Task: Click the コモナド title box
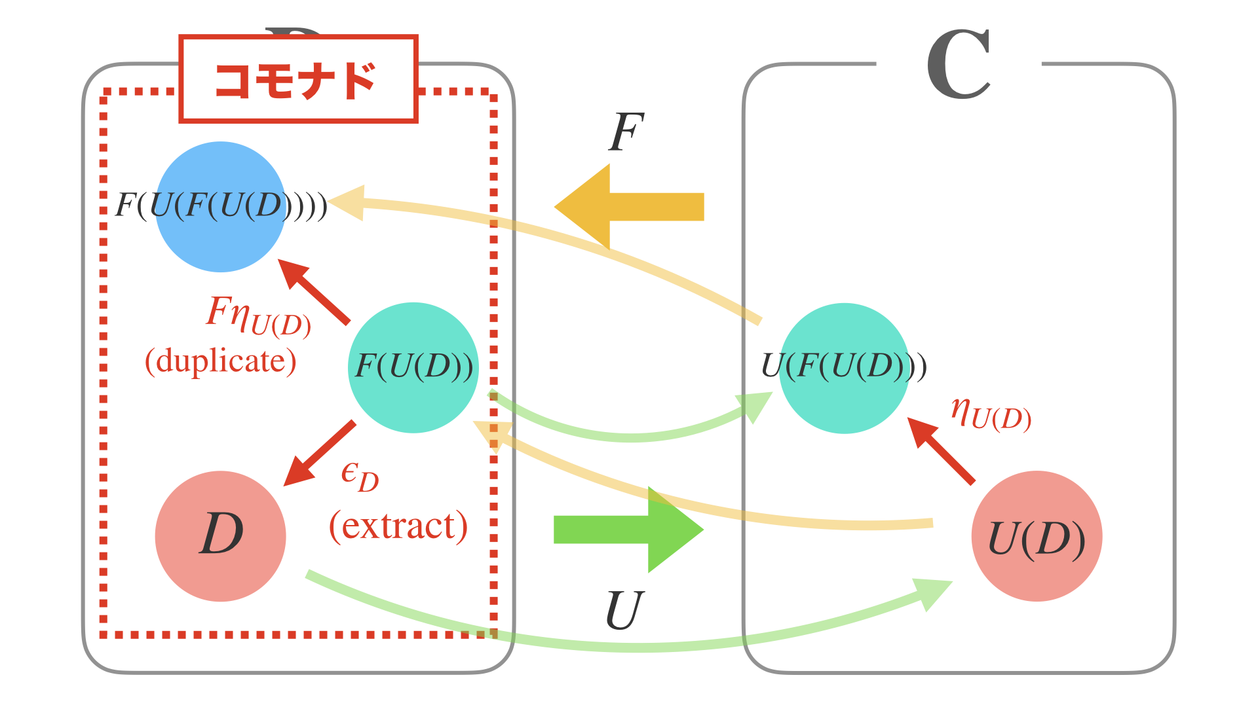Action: pos(298,79)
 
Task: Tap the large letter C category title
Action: pos(958,65)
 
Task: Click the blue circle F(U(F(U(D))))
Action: pos(220,206)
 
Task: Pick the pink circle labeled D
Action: pos(220,535)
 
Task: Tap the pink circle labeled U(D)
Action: pos(1036,535)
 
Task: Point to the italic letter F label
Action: pos(626,133)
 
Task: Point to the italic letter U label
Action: pos(624,610)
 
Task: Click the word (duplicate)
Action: pos(220,361)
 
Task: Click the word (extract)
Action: pos(398,526)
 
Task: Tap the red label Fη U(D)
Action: pos(259,316)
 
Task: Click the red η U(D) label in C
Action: pos(991,414)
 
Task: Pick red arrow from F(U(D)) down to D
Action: pos(319,454)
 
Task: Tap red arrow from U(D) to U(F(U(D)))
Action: pos(941,451)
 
